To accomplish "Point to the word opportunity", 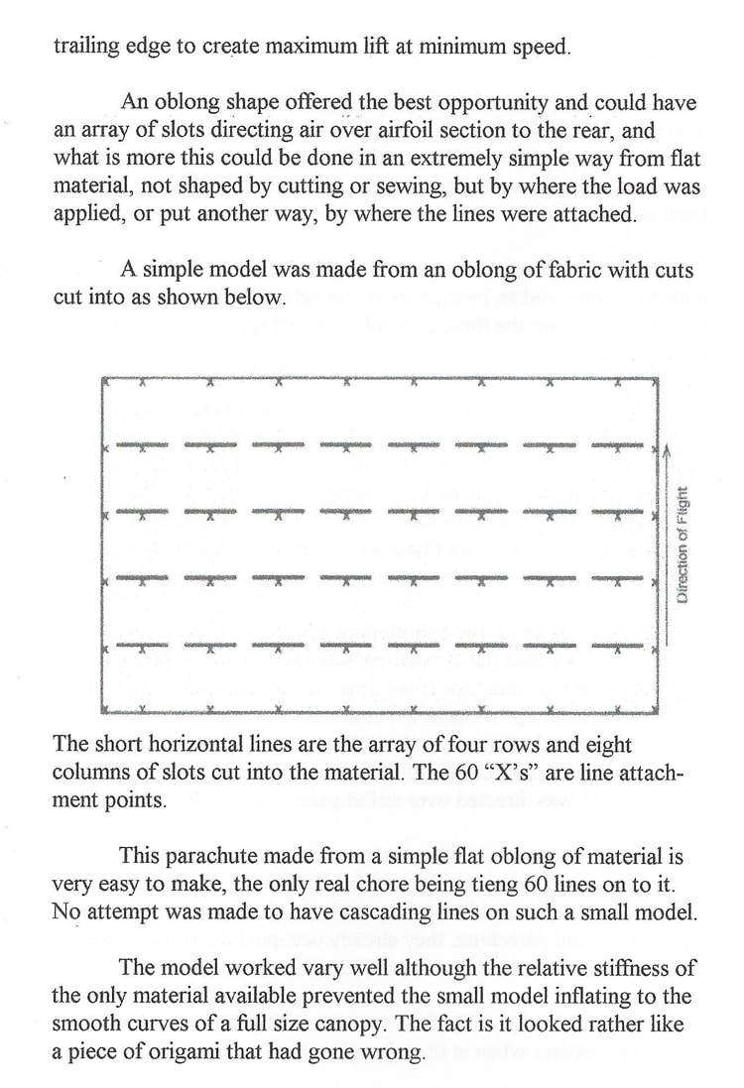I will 474,103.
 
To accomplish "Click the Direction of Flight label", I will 682,544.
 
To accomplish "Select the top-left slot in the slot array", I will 142,444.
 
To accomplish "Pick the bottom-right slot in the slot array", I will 617,645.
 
